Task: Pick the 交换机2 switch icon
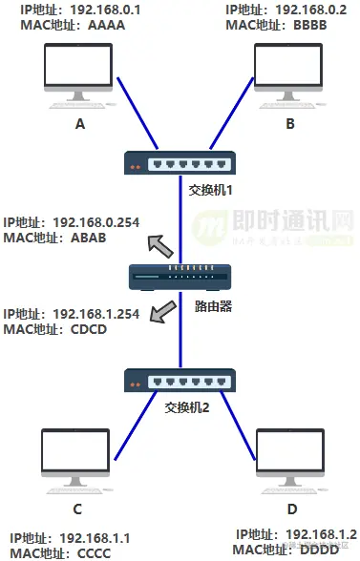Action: [x=180, y=381]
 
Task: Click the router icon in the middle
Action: [x=180, y=278]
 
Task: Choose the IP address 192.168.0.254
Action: [x=95, y=222]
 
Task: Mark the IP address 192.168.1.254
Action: [x=95, y=313]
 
